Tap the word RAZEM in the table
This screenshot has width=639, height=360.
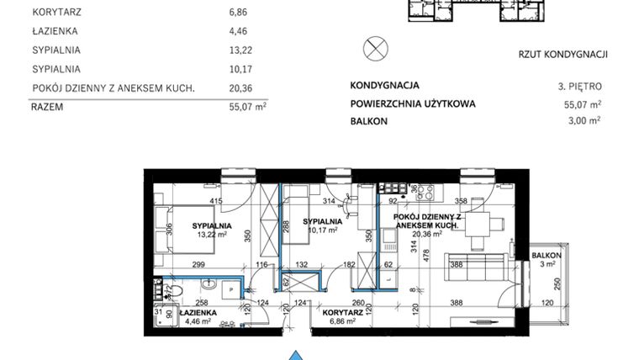(x=48, y=107)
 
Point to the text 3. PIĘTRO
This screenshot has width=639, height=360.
(x=579, y=86)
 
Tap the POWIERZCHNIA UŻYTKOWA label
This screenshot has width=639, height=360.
(x=412, y=103)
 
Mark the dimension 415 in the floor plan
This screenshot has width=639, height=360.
(x=216, y=201)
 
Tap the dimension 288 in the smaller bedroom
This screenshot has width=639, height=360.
(x=285, y=225)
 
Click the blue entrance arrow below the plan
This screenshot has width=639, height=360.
(x=295, y=355)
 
